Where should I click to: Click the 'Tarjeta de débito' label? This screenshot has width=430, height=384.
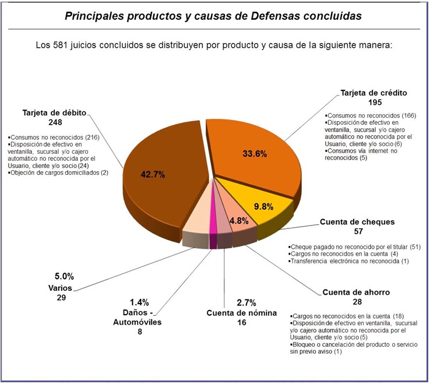pyautogui.click(x=51, y=113)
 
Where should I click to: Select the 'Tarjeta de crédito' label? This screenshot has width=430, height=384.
pyautogui.click(x=373, y=93)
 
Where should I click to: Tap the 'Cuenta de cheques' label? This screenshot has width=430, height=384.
pyautogui.click(x=357, y=222)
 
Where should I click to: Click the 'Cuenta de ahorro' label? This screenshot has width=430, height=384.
pyautogui.click(x=357, y=292)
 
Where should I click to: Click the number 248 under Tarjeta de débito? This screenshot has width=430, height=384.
pyautogui.click(x=51, y=122)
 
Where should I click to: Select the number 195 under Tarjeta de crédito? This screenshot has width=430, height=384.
pyautogui.click(x=373, y=102)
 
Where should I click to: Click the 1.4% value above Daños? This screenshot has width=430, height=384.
pyautogui.click(x=139, y=302)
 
